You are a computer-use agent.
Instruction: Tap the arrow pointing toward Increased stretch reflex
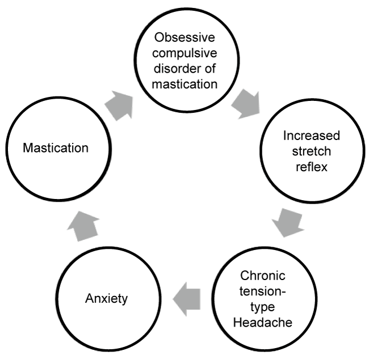[246, 104]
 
